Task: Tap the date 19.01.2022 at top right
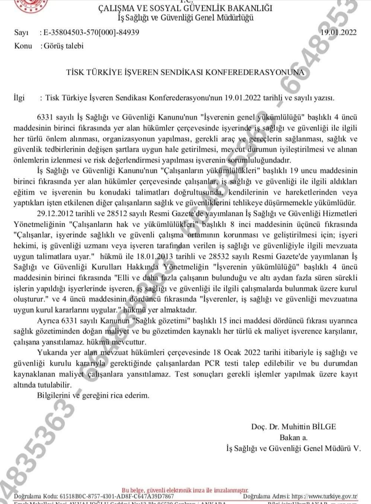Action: click(339, 32)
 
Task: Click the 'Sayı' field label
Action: click(21, 32)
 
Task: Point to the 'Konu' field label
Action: click(23, 46)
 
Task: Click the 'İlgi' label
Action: click(19, 98)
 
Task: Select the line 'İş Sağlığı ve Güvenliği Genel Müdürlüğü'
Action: click(185, 18)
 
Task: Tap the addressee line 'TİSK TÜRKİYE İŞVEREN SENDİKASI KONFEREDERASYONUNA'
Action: click(185, 72)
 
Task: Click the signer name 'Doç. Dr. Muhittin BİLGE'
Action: click(294, 427)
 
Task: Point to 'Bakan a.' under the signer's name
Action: click(294, 438)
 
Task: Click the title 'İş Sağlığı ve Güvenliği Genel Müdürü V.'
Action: click(294, 448)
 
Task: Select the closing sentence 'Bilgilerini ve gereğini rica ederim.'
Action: click(93, 395)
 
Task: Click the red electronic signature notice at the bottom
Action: click(185, 490)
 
